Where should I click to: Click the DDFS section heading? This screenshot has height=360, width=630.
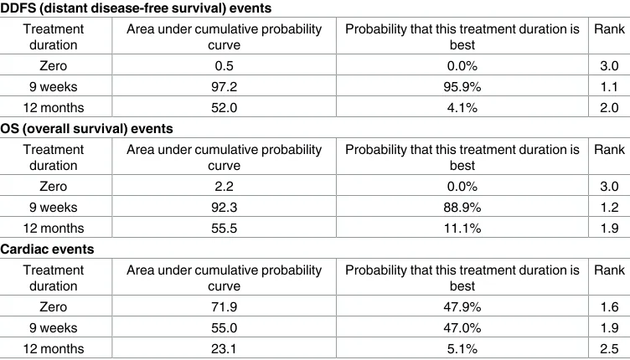tap(136, 8)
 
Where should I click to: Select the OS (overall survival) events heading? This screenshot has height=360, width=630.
tap(86, 128)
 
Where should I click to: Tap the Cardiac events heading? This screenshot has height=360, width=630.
tap(47, 249)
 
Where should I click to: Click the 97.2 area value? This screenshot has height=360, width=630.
tap(224, 87)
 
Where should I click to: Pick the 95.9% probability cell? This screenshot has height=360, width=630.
tap(462, 87)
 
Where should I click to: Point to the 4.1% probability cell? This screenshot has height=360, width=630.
tap(462, 107)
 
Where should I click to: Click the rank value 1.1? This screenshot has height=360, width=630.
tap(609, 87)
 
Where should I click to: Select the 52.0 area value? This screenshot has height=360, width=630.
tap(224, 107)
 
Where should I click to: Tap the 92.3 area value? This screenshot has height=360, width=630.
tap(224, 207)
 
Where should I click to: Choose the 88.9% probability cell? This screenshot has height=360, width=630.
tap(462, 207)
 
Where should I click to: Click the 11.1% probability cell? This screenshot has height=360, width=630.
tap(462, 228)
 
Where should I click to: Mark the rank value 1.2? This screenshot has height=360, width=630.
tap(609, 207)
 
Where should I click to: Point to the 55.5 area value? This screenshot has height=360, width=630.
tap(224, 228)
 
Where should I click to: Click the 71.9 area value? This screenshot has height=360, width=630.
tap(224, 306)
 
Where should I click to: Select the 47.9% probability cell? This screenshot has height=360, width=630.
tap(462, 306)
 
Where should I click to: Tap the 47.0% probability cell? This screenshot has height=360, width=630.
tap(462, 327)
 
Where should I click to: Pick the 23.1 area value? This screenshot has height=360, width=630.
tap(224, 348)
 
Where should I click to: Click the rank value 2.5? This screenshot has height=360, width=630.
tap(609, 348)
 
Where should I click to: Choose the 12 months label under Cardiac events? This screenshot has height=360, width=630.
tap(54, 348)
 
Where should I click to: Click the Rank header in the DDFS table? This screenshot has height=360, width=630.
tap(609, 29)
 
